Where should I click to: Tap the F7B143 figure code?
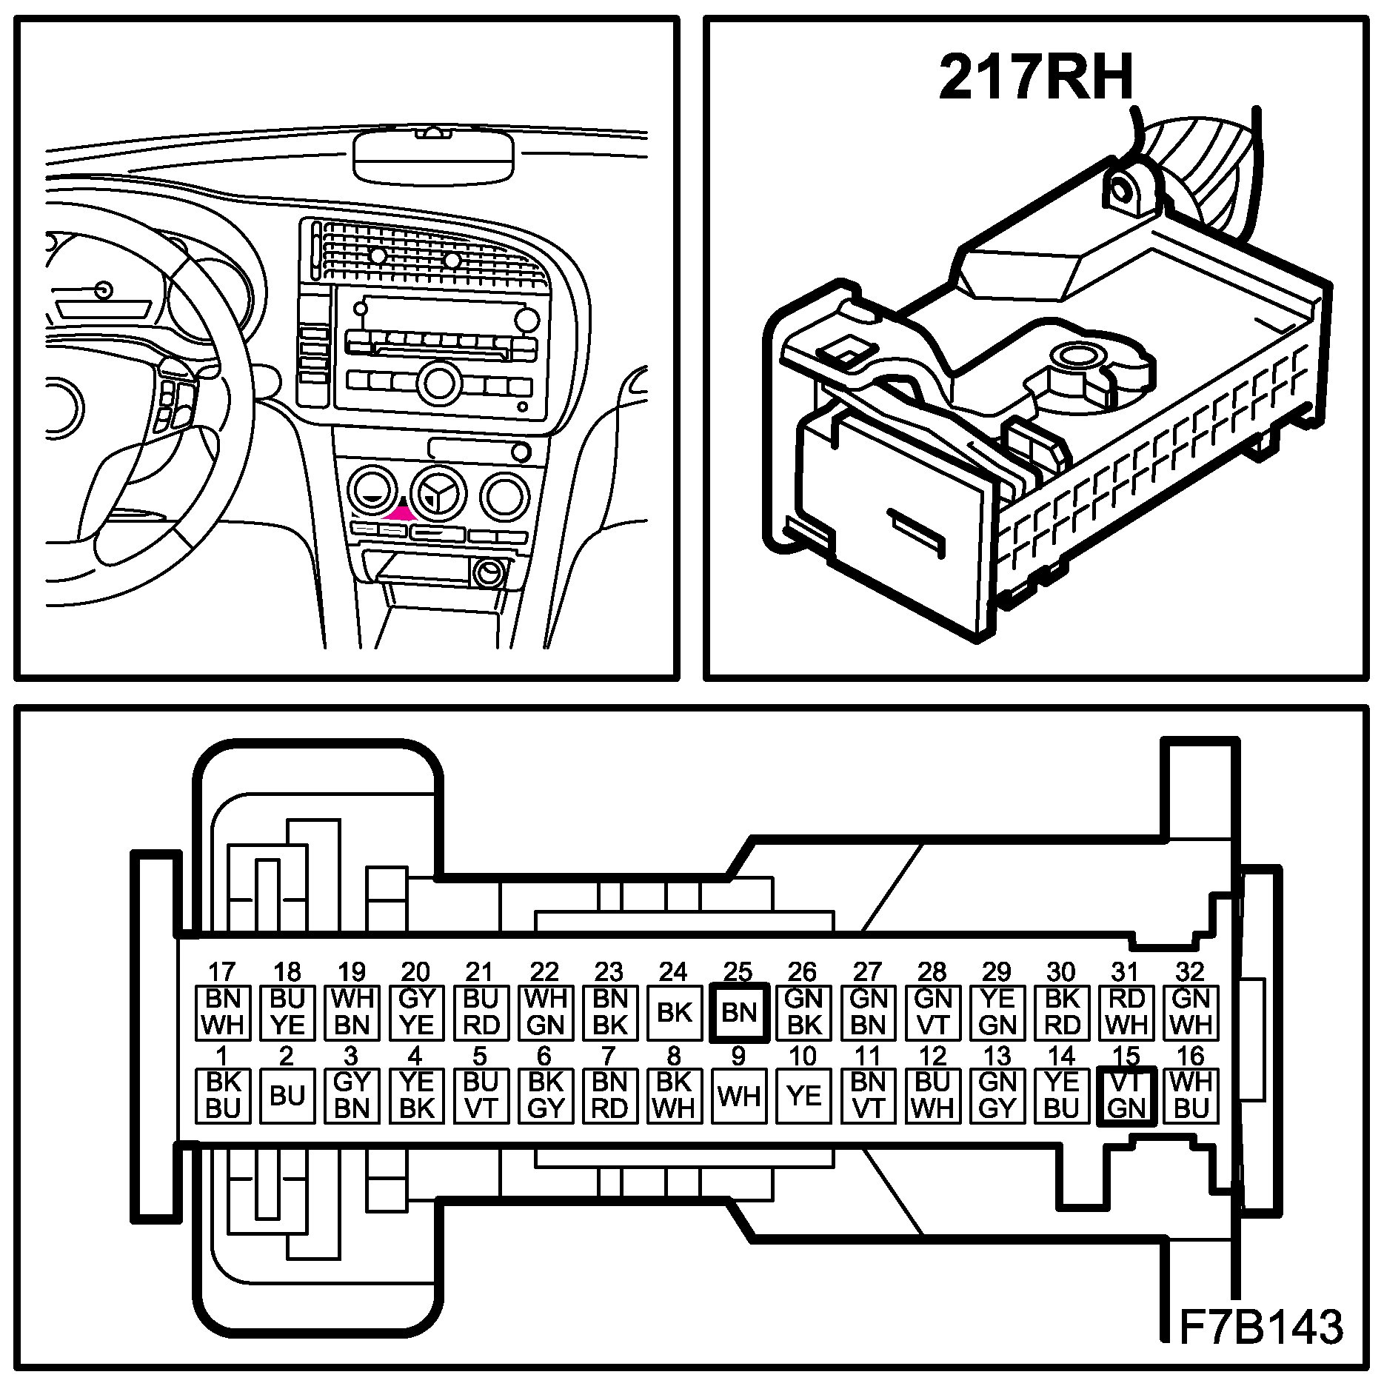(1259, 1327)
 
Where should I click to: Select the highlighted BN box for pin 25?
(738, 1012)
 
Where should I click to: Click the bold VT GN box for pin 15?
(1126, 1096)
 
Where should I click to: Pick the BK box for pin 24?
(674, 1012)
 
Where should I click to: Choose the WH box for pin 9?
(738, 1096)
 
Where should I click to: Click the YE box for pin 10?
(803, 1096)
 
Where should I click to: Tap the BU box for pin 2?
(287, 1096)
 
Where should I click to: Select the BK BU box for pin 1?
(223, 1096)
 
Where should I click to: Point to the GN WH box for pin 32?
(1191, 1012)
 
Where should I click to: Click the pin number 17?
(222, 971)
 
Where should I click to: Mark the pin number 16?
(1191, 1056)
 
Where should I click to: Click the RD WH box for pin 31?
(1126, 1012)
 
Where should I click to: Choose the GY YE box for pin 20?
(416, 1012)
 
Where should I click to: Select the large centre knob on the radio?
(437, 382)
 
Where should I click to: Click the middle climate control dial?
(438, 492)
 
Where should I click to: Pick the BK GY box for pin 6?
(545, 1096)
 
